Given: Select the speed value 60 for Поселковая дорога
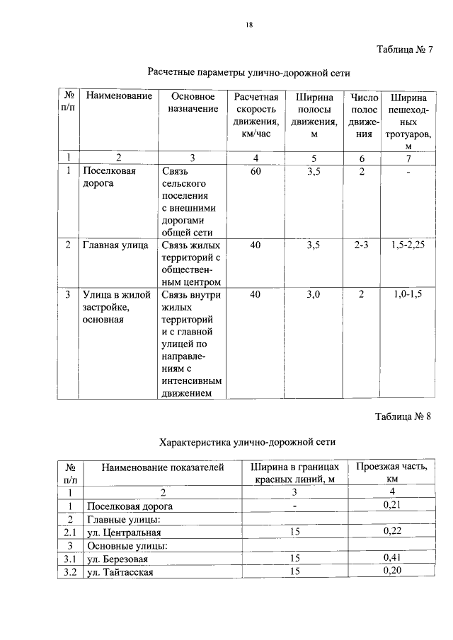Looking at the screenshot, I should point(256,171).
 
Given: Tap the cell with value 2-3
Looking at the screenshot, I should point(362,245).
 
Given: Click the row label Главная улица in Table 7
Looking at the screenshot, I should point(115,245).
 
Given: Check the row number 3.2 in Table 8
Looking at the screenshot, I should point(69,571).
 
